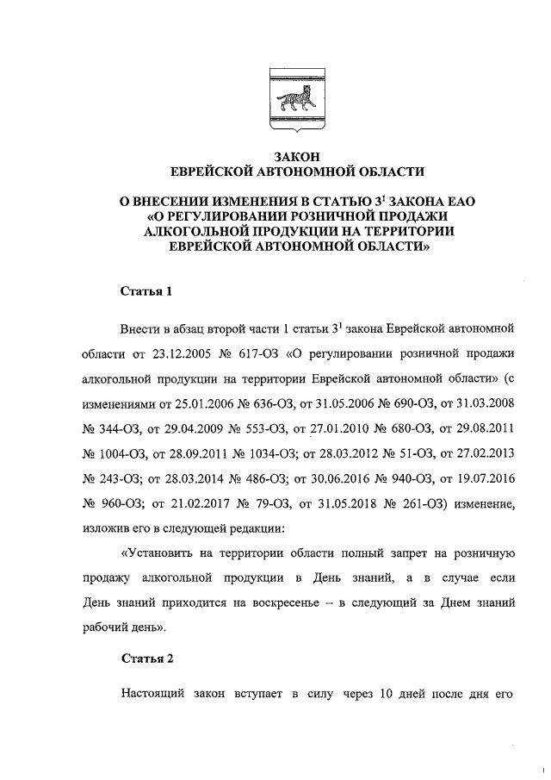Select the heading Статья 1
point(145,291)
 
